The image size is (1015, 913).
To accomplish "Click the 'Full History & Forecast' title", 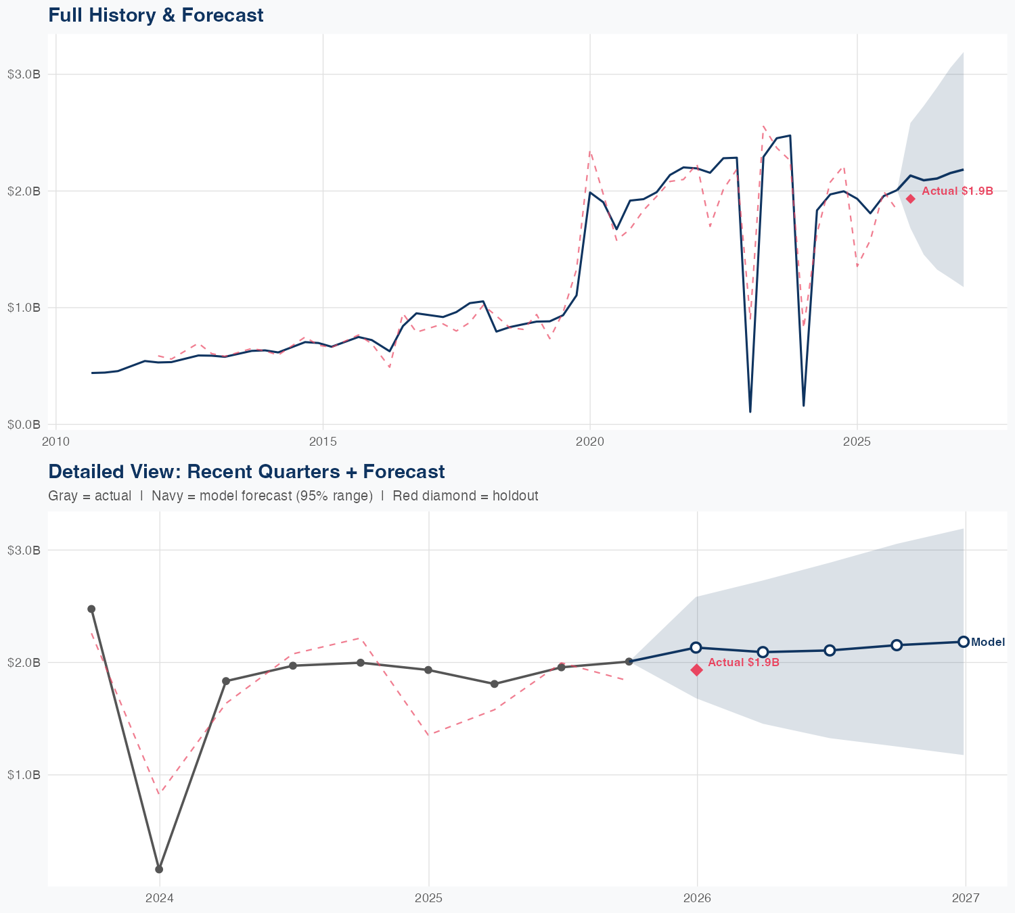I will coord(156,15).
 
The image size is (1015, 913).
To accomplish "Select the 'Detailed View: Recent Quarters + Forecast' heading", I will coord(246,471).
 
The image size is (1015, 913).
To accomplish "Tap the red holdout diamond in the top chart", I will coord(911,199).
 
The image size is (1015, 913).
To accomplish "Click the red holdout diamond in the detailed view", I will coord(696,670).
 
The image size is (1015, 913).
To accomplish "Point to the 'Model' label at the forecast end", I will coord(988,642).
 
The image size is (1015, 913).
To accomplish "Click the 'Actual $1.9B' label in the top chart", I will coord(957,191).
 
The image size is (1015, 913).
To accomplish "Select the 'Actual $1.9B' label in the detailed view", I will coord(744,663).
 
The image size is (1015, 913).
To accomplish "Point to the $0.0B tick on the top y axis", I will coord(24,425).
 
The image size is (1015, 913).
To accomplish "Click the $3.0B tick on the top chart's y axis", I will coord(24,74).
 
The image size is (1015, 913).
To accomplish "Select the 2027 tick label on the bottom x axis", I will coord(966,898).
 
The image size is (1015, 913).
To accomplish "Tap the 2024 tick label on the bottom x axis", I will coord(160,898).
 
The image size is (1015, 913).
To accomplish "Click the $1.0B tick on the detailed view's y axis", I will coord(24,775).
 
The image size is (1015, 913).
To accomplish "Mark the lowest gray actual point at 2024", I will coord(159,869).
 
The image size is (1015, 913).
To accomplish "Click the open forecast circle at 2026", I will coord(696,648).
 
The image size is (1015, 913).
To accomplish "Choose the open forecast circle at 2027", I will coord(963,642).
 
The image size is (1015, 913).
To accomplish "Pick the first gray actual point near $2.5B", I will coord(91,609).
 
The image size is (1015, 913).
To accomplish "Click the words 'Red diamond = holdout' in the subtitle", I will coord(465,496).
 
